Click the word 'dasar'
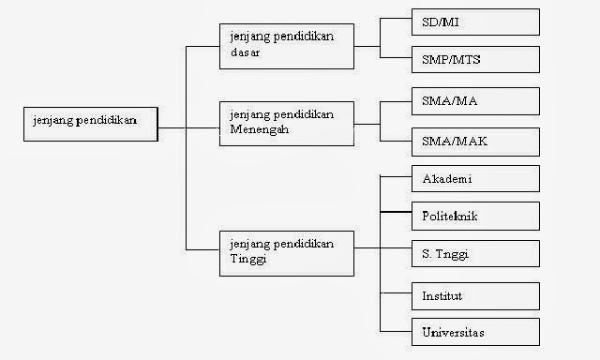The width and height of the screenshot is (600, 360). (245, 53)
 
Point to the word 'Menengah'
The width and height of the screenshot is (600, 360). (259, 130)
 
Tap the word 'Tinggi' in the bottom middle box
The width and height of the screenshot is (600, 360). (247, 259)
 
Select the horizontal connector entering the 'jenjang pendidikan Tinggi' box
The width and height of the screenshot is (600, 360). (202, 248)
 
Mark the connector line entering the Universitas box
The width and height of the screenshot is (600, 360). (395, 331)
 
